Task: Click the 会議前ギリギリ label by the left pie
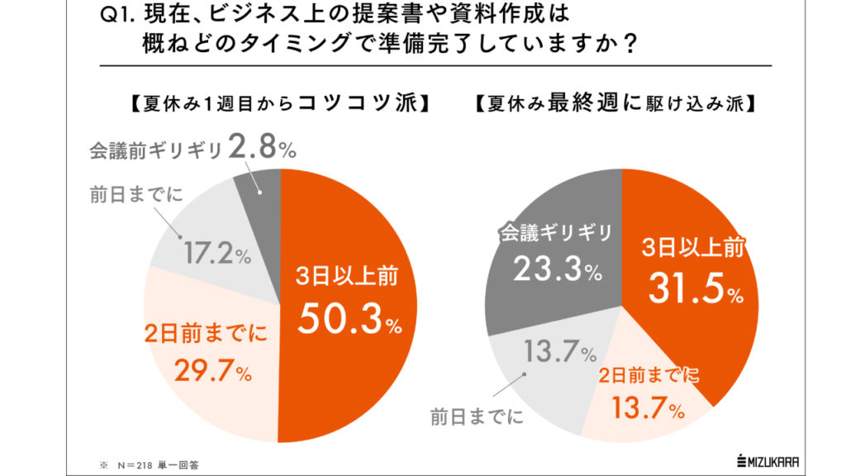tap(154, 150)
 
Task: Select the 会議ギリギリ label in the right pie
tap(556, 234)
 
